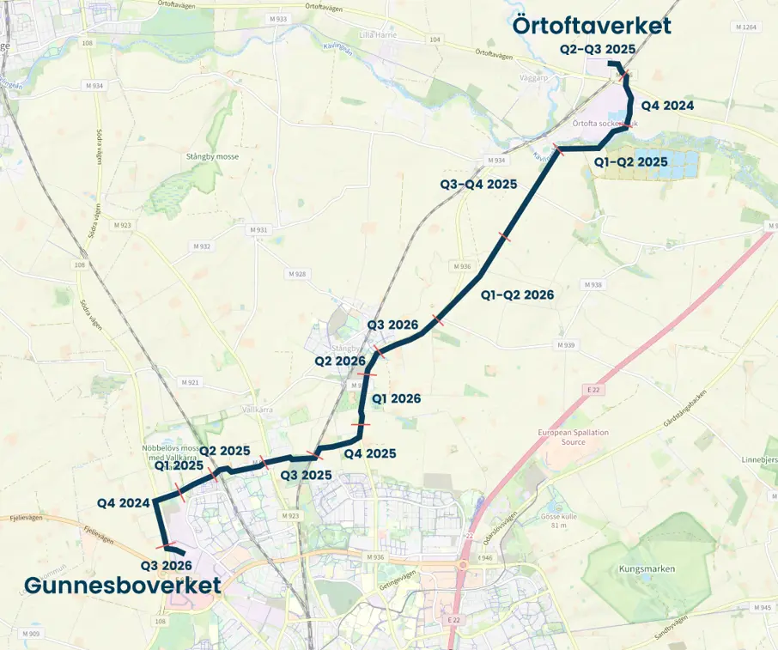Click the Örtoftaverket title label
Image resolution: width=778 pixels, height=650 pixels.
pyautogui.click(x=592, y=26)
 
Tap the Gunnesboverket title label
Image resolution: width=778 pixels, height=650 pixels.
pyautogui.click(x=122, y=586)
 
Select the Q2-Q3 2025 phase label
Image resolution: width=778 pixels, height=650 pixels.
pyautogui.click(x=598, y=49)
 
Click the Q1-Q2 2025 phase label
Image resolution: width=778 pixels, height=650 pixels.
pyautogui.click(x=631, y=161)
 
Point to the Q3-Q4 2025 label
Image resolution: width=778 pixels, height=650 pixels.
pyautogui.click(x=478, y=185)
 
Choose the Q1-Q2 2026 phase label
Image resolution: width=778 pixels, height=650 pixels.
pyautogui.click(x=517, y=295)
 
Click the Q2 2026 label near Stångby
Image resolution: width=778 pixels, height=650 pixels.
pyautogui.click(x=340, y=361)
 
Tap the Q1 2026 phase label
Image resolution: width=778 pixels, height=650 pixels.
pyautogui.click(x=395, y=398)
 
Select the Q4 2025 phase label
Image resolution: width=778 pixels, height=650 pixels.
pyautogui.click(x=369, y=453)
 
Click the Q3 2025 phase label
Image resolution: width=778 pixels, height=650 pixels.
pyautogui.click(x=306, y=475)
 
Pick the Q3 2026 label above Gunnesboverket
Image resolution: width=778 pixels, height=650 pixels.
pyautogui.click(x=167, y=566)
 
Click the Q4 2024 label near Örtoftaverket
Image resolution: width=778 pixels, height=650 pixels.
pyautogui.click(x=667, y=106)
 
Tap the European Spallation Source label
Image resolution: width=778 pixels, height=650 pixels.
pyautogui.click(x=573, y=437)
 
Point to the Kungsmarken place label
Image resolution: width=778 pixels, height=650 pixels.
pyautogui.click(x=647, y=568)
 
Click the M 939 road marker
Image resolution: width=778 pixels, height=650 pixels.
pyautogui.click(x=565, y=345)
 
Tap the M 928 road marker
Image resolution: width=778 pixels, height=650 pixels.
pyautogui.click(x=296, y=274)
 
